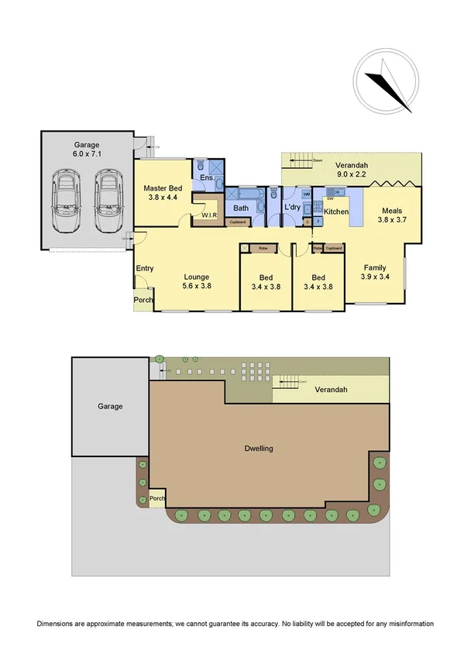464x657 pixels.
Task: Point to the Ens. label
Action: click(207, 179)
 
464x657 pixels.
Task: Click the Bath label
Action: click(241, 208)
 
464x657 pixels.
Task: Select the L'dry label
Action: click(292, 208)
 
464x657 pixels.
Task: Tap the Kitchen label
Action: click(335, 212)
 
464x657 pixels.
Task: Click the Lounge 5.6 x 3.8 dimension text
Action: click(198, 286)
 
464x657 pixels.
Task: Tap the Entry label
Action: click(144, 269)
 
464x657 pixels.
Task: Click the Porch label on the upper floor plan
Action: click(143, 300)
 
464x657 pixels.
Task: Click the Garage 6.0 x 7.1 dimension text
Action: click(88, 154)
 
